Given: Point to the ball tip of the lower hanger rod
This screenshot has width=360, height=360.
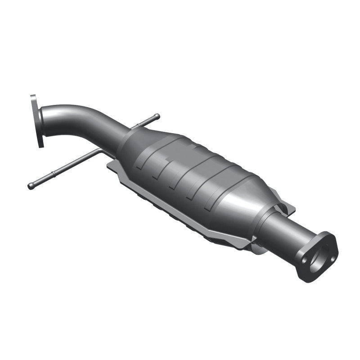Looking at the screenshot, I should click(31, 186).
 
